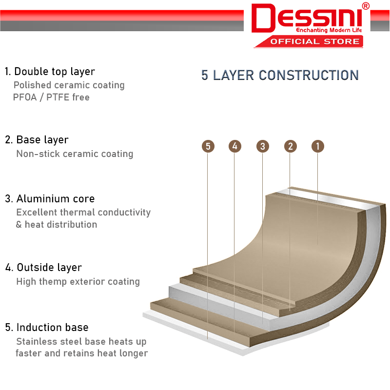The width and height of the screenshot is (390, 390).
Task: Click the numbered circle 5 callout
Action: click(208, 146)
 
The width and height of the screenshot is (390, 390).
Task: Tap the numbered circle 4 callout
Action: click(235, 146)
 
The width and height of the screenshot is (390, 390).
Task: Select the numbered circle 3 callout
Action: click(263, 146)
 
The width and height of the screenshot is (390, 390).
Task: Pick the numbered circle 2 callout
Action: click(290, 146)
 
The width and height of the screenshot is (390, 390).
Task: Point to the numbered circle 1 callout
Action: click(318, 146)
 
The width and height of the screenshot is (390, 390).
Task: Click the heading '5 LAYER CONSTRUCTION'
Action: click(280, 75)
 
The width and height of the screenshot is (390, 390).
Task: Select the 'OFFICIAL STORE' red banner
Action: click(309, 41)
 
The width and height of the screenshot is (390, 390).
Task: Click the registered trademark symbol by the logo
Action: click(366, 6)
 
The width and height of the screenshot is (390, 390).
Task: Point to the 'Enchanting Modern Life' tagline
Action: click(329, 30)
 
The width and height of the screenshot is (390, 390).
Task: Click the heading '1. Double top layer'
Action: click(50, 72)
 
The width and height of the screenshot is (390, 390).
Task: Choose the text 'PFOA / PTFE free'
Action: click(51, 97)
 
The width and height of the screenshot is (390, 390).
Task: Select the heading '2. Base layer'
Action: click(37, 140)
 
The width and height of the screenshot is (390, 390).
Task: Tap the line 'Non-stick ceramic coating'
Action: click(75, 154)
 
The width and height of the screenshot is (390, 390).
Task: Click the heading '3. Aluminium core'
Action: click(50, 199)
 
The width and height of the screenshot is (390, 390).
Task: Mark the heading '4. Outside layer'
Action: click(43, 268)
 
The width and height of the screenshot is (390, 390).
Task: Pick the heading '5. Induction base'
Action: click(46, 327)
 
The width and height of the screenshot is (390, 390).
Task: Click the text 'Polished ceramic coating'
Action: click(69, 85)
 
